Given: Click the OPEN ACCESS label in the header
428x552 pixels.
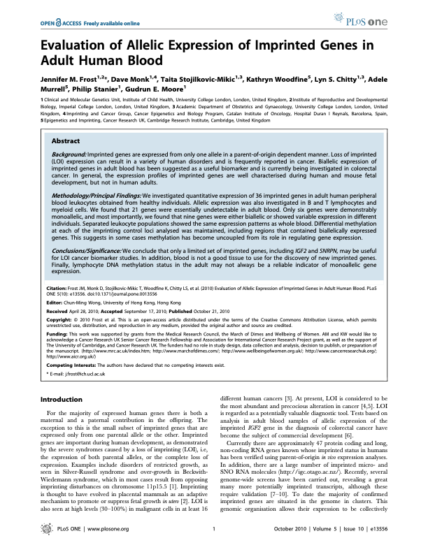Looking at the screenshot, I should click(x=57, y=22).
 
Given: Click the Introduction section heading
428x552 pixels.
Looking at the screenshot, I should click(x=62, y=399).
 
